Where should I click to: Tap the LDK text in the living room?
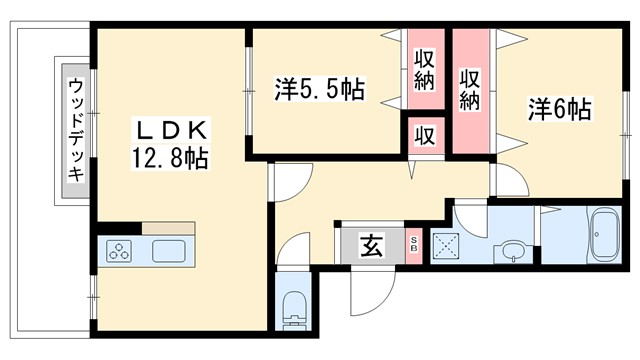point(171,131)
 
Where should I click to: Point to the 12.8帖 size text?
point(171,158)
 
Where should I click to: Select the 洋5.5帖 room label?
point(318,90)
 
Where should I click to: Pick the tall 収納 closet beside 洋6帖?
point(470,90)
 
